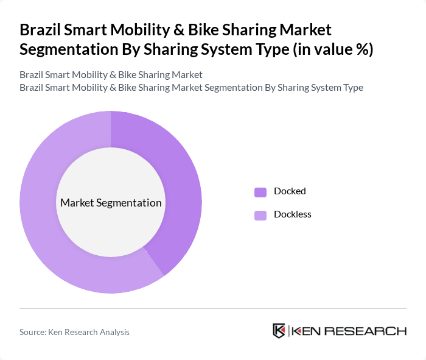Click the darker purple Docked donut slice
point(183,183)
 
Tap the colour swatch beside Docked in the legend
point(260,192)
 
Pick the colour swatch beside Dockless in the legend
point(260,215)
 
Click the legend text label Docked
point(290,191)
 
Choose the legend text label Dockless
point(293,214)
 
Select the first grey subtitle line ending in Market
point(111,75)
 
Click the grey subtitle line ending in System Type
point(191,87)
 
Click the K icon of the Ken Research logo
point(279,331)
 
